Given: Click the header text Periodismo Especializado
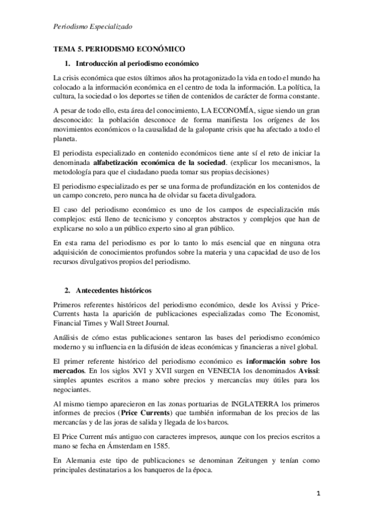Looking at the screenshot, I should click(x=94, y=26).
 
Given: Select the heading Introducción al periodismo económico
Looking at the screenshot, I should click(x=136, y=64).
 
